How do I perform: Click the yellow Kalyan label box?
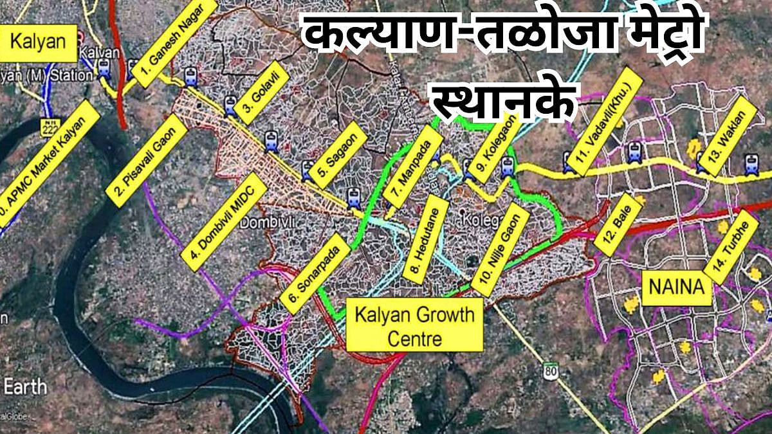tap(39, 42)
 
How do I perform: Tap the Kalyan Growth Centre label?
tap(414, 325)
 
